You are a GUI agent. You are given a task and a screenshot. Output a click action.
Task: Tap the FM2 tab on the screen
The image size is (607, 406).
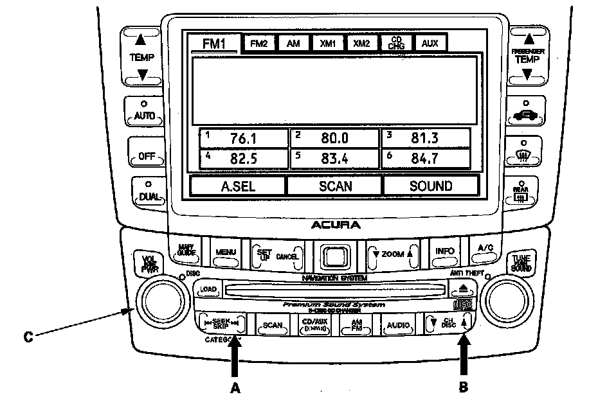click(258, 44)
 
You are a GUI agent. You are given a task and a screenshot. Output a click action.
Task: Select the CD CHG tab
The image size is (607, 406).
click(395, 43)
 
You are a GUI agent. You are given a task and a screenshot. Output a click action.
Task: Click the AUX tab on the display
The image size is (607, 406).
click(430, 44)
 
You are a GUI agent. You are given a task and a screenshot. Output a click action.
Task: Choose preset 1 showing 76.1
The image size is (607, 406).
click(243, 138)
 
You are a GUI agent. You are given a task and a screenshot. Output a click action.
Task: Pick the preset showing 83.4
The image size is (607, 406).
click(334, 158)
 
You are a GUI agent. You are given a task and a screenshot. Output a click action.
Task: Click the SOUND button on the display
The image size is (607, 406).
click(431, 186)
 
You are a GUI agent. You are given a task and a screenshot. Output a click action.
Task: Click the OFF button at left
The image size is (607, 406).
click(144, 155)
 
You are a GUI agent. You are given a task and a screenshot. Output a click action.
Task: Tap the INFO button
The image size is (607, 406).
click(445, 252)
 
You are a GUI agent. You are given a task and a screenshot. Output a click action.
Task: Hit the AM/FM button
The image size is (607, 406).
click(357, 325)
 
